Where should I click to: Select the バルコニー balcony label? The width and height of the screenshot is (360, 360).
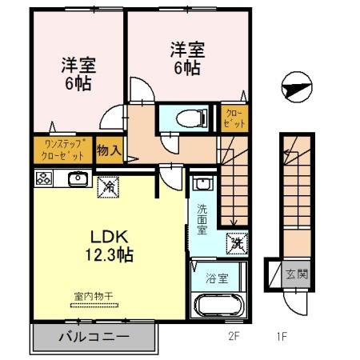[93, 338]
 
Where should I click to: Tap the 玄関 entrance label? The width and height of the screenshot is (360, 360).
[295, 273]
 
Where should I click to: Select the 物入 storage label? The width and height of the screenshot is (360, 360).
[109, 150]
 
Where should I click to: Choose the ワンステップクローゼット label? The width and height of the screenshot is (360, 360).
[63, 150]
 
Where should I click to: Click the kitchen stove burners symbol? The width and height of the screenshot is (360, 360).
[43, 178]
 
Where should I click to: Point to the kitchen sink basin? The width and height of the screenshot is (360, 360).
[78, 178]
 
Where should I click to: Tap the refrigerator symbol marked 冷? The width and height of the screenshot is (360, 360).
[107, 186]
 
